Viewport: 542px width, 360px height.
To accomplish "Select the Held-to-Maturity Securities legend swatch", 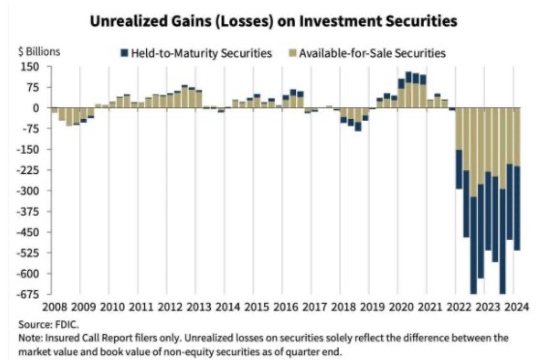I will coord(123,53).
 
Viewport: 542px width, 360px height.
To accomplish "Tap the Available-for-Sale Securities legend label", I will coord(372,53).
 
